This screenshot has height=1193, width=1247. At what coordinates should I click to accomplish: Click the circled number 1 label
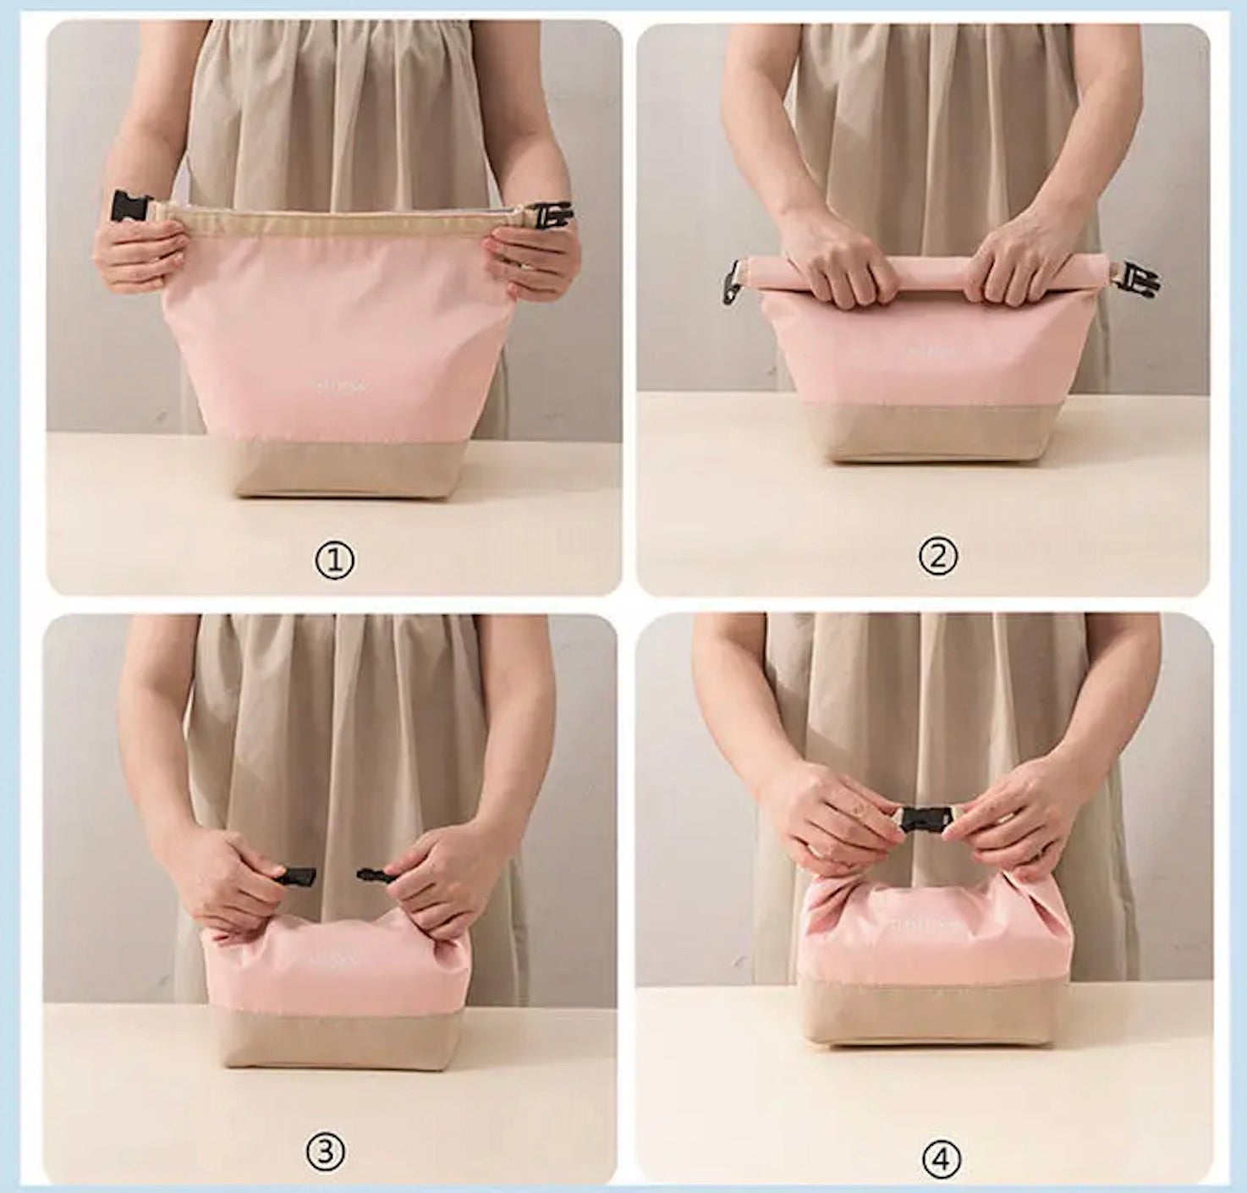335,560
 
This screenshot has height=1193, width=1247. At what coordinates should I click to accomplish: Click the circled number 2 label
938,557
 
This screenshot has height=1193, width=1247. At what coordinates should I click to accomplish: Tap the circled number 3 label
324,1152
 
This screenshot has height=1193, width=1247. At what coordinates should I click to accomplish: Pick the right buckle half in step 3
374,873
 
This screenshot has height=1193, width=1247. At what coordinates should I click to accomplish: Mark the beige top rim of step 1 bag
338,222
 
